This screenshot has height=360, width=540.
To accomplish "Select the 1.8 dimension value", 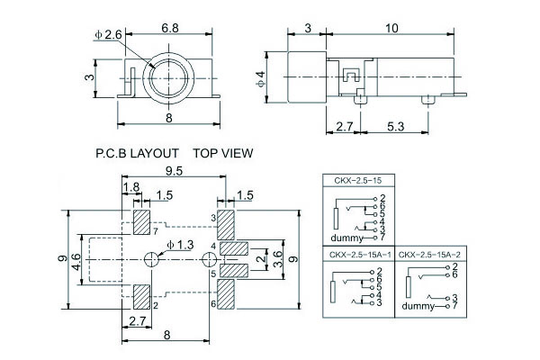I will (x=130, y=187).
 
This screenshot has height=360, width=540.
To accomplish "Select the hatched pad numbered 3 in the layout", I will (x=225, y=219).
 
